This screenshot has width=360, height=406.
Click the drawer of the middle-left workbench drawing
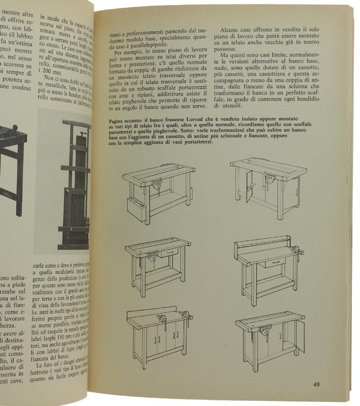point(169,252)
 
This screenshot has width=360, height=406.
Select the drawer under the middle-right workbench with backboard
point(275,262)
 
